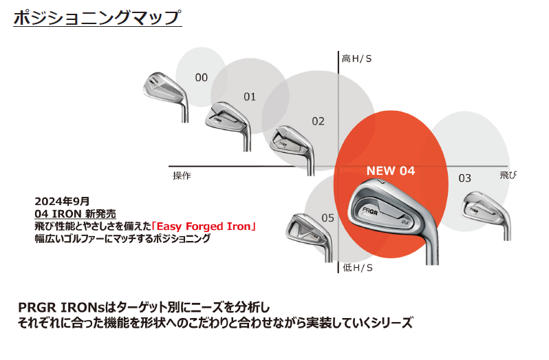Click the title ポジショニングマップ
pos(97,17)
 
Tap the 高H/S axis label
pos(357,59)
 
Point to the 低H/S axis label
pos(357,267)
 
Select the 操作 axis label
pos(182,176)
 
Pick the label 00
pos(201,78)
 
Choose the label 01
pos(249,97)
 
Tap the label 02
pos(318,121)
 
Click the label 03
pos(465,178)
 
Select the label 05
pos(327,218)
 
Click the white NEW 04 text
pos(390,171)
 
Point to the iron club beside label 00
pos(162,89)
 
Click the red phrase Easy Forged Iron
pos(217,226)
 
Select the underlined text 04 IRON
pos(58,213)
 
